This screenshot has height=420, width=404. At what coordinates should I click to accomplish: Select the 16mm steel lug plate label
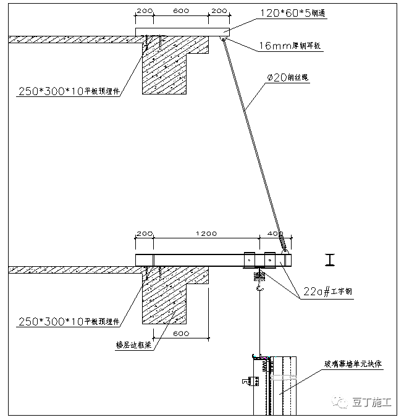point(290,44)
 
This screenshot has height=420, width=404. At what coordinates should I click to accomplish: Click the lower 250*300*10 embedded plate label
point(69,321)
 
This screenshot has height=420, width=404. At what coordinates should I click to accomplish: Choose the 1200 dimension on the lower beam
point(206,234)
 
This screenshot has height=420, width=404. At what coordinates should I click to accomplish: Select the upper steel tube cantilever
point(182,32)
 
